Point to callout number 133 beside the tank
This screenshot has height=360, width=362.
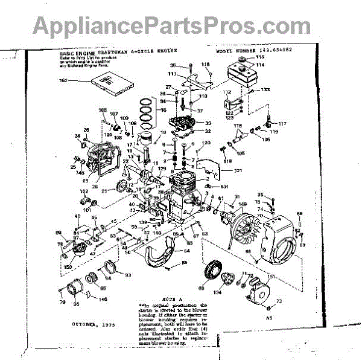265,89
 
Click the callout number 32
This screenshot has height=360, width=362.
208,130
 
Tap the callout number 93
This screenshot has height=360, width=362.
128,275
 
